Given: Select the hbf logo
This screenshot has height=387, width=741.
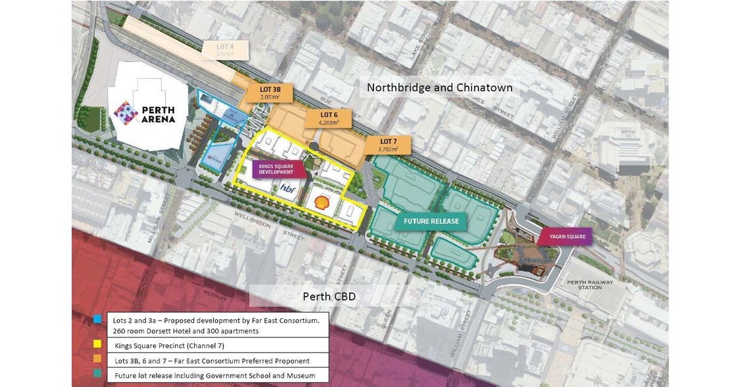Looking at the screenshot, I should pos(287,188).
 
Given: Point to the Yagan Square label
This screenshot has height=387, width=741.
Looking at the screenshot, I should pos(566,236).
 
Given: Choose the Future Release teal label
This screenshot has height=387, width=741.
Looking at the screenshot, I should pos(431,221).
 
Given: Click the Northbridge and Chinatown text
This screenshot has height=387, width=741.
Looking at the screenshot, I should pos(439,87).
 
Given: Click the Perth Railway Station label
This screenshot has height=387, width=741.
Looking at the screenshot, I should pos(588,284).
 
